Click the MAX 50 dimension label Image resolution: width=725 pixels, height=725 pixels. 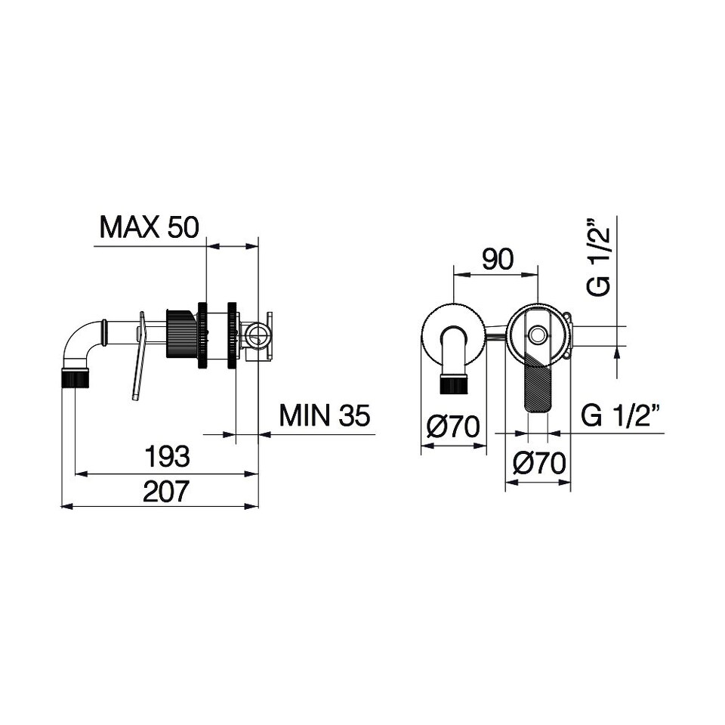149,227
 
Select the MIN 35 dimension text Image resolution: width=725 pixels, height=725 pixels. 325,415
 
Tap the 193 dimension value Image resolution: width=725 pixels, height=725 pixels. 168,456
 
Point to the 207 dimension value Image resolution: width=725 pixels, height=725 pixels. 166,491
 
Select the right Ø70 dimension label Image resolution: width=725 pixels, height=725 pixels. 539,463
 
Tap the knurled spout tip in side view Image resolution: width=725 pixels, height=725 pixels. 76,378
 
